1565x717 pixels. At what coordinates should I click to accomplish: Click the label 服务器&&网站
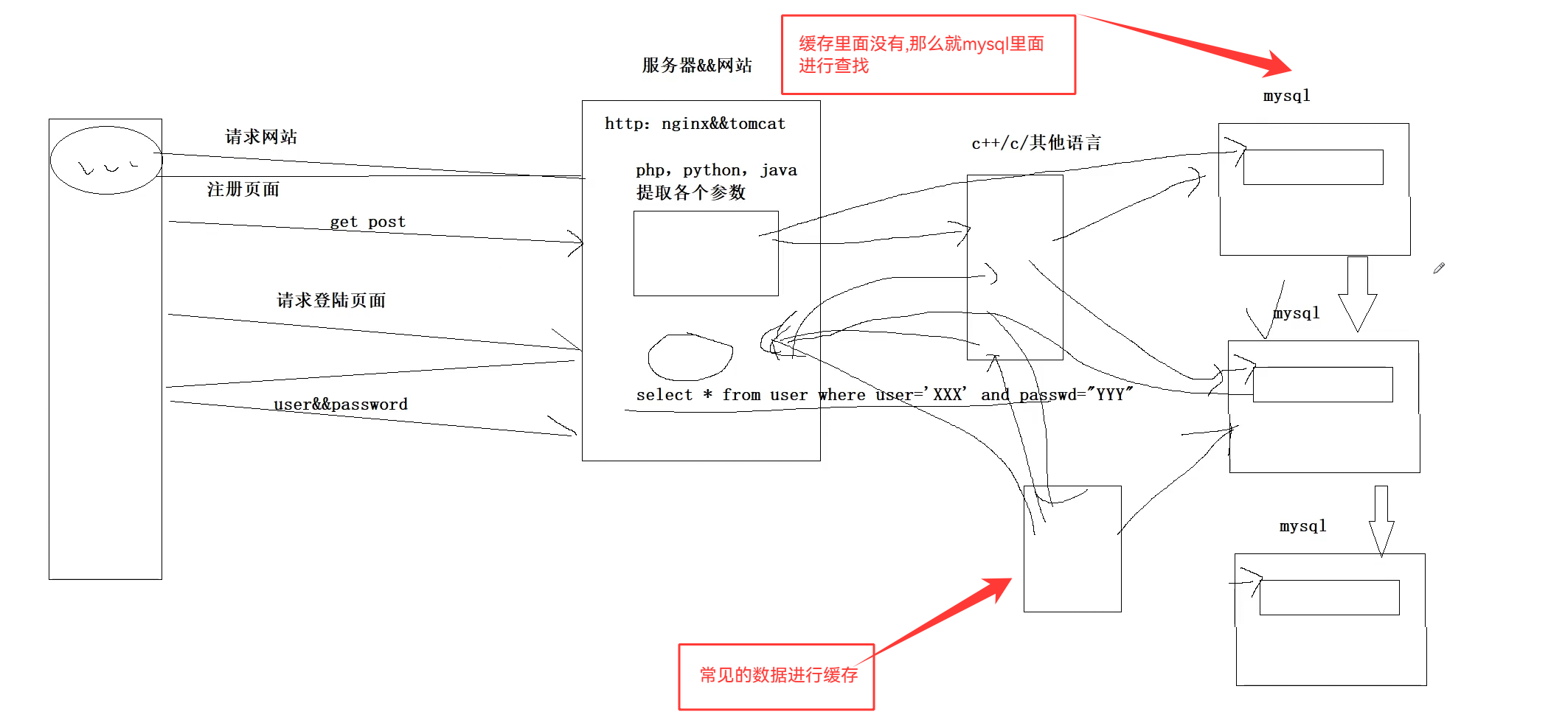pyautogui.click(x=697, y=66)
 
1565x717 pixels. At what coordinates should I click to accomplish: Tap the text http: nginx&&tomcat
pyautogui.click(x=695, y=124)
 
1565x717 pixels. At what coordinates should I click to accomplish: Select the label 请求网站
pyautogui.click(x=261, y=137)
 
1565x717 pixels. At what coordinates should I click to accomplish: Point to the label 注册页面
pyautogui.click(x=243, y=189)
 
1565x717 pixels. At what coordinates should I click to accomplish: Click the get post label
pyautogui.click(x=367, y=222)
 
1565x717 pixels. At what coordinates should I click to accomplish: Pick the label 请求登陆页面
pyautogui.click(x=331, y=301)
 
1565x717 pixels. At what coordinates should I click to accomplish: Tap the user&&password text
pyautogui.click(x=341, y=405)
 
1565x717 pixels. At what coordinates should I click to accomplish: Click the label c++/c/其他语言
pyautogui.click(x=1036, y=143)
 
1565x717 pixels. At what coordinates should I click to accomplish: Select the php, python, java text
pyautogui.click(x=716, y=170)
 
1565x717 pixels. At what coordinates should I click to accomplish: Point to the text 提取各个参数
pyautogui.click(x=691, y=193)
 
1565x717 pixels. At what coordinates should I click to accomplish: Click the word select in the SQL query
pyautogui.click(x=664, y=395)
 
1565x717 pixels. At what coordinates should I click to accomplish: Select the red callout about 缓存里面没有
pyautogui.click(x=928, y=55)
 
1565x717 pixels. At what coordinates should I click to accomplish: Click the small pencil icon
pyautogui.click(x=1439, y=268)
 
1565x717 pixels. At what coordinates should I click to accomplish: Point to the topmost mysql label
pyautogui.click(x=1286, y=96)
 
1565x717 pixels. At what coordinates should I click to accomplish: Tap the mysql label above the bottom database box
pyautogui.click(x=1302, y=526)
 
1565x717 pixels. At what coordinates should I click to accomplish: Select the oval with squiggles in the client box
pyautogui.click(x=106, y=160)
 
